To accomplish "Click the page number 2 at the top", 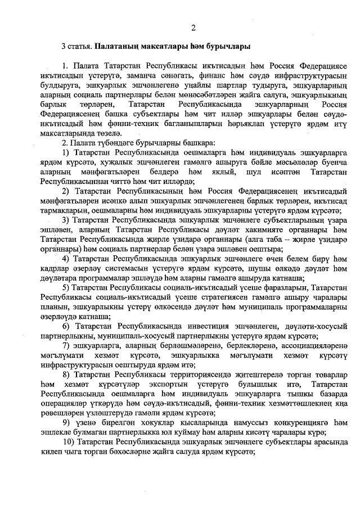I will pos(193,28).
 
